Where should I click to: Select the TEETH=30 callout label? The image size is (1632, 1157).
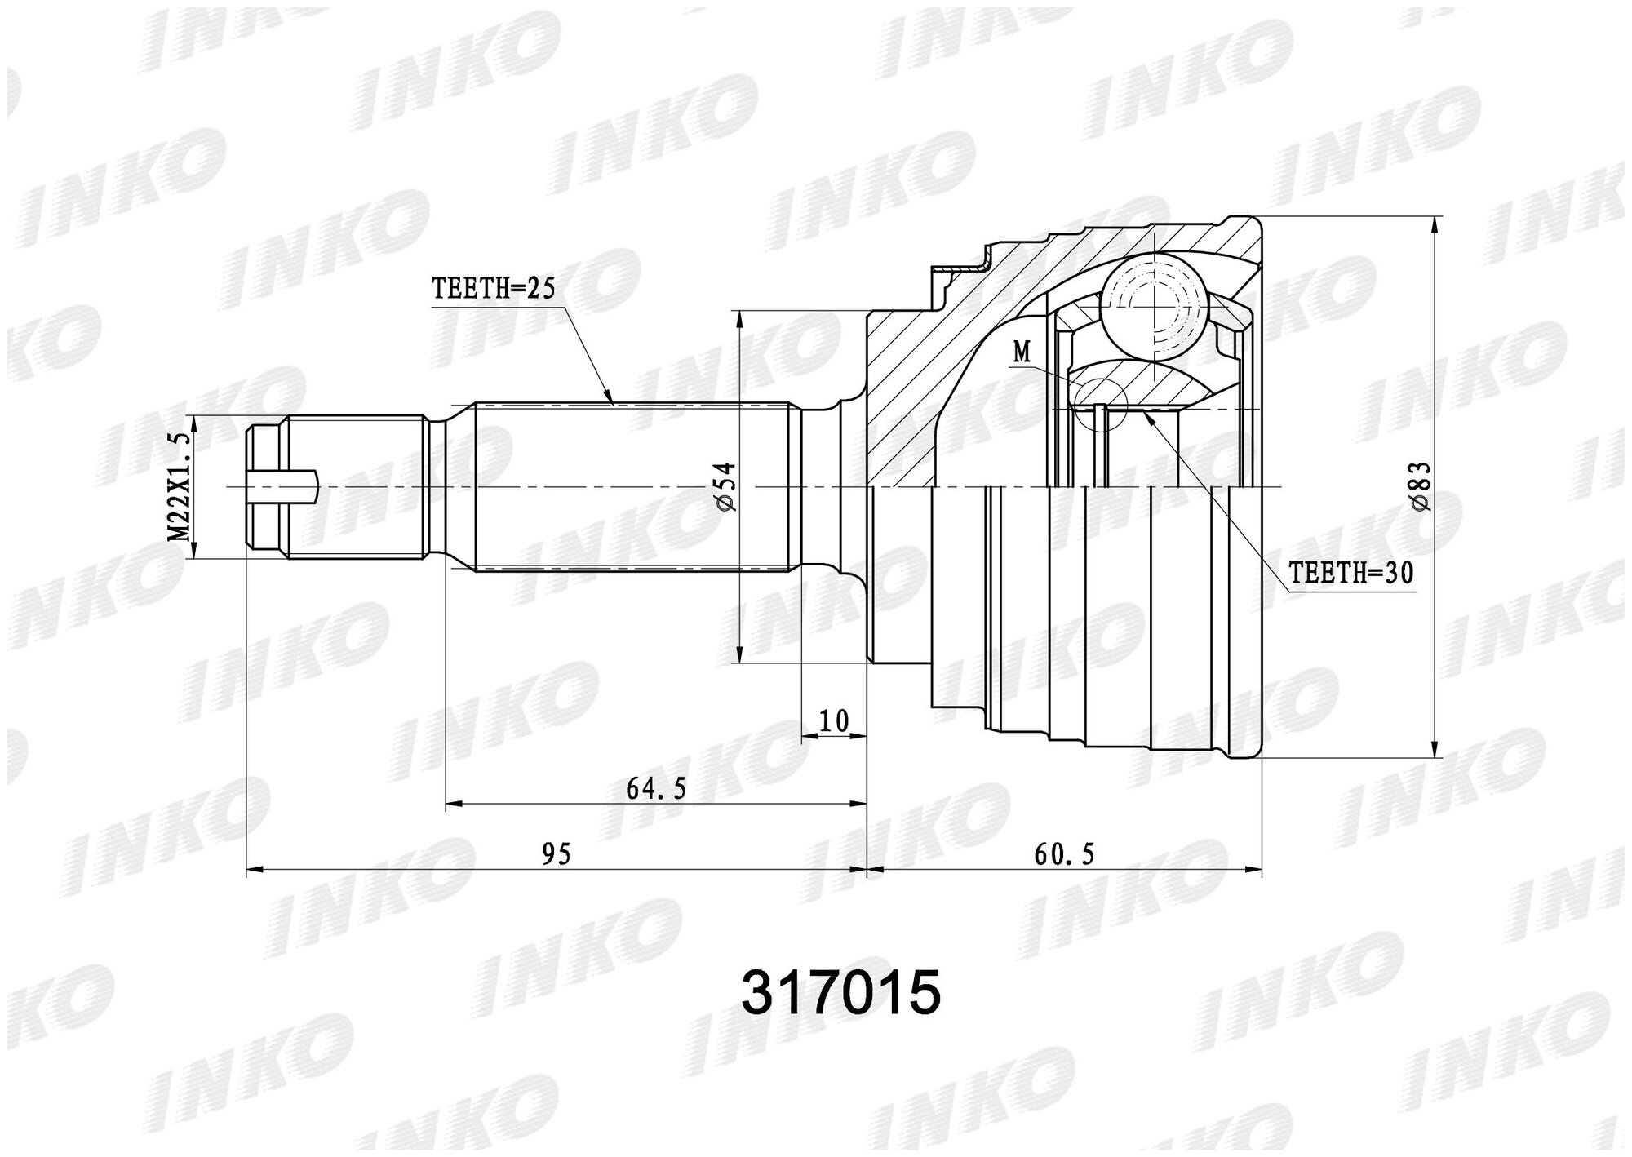pyautogui.click(x=1350, y=574)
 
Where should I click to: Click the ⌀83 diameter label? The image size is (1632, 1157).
pyautogui.click(x=1421, y=487)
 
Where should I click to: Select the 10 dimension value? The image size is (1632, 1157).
pyautogui.click(x=833, y=721)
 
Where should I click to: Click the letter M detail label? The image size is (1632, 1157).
pyautogui.click(x=1022, y=352)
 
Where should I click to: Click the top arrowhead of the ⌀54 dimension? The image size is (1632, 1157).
pyautogui.click(x=738, y=318)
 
